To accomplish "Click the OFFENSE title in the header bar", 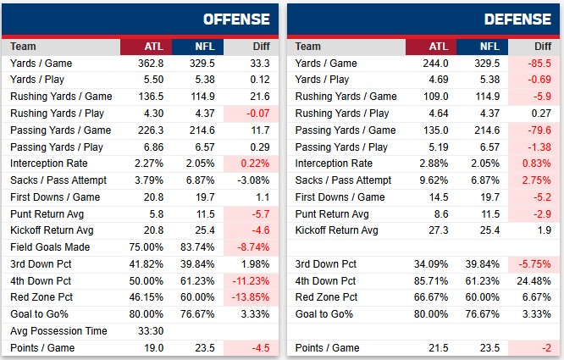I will point(236,19).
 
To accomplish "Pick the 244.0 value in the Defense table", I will point(434,64).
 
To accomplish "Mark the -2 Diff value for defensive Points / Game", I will point(544,347).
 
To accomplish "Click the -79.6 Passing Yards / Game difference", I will point(537,130).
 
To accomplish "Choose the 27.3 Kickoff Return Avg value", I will point(437,230).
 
